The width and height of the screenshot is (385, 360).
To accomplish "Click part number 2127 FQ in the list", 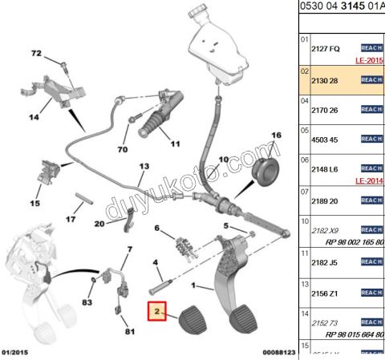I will pos(326,49).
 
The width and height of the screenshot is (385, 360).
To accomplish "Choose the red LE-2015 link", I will pos(370,60).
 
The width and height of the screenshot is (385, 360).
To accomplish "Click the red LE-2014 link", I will pos(370,181).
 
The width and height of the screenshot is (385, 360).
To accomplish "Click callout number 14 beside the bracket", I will pos(34,117).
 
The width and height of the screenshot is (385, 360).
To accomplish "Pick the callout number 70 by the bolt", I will pos(122,149).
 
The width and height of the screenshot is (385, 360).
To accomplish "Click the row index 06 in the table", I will pos(304,160).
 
